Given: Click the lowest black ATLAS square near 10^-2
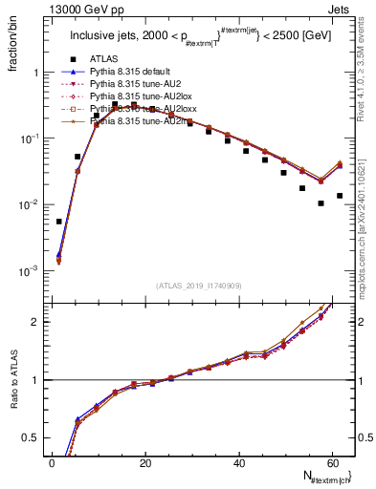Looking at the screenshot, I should [x=321, y=203].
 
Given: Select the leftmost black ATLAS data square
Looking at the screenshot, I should [x=59, y=222].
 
